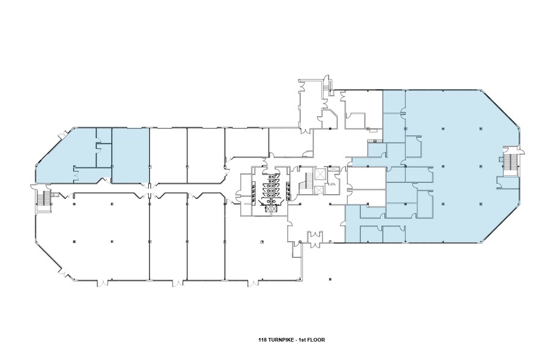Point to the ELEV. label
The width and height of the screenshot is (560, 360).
[x=334, y=184]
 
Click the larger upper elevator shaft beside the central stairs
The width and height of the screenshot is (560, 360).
[x=319, y=175]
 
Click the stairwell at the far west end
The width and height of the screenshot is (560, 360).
[x=44, y=200]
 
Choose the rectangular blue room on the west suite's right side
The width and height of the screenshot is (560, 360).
[x=130, y=156]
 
